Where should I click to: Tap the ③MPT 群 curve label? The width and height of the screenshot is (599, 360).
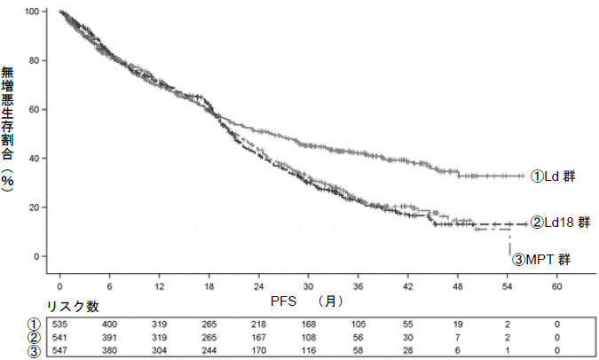pos(541,260)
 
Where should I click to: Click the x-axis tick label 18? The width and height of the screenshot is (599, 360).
pos(209,289)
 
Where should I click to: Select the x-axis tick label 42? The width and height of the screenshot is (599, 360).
pos(408,289)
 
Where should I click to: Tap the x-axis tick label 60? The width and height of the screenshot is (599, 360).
pos(557,289)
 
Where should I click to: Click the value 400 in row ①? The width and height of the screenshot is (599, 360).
pos(109,325)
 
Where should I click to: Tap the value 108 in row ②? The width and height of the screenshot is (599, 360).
pos(308,337)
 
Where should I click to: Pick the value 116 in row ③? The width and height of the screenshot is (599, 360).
pos(308,349)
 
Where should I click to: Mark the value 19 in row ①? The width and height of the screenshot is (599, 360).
pos(458,325)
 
